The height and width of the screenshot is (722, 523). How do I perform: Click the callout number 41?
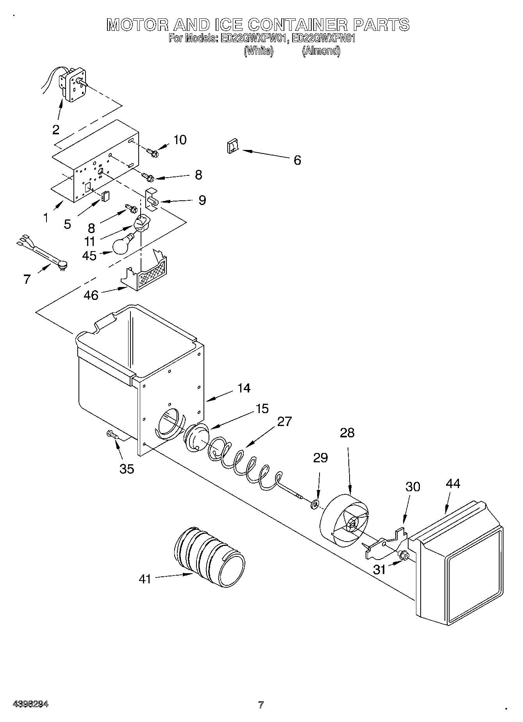pos(145,579)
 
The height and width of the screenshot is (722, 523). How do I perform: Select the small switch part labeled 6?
pos(232,147)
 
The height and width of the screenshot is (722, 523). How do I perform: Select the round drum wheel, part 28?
pos(344,520)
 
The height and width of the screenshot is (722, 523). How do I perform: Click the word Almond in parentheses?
pos(321,51)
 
